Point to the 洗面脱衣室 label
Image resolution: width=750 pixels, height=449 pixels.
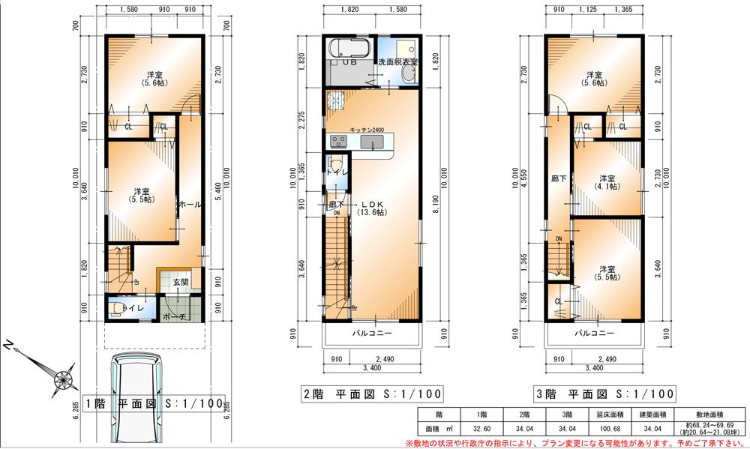coord(398,61)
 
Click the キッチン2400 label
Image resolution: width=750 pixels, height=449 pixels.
coord(367,130)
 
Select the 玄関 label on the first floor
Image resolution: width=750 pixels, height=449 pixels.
coord(181,283)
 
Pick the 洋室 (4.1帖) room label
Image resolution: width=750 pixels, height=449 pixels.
coord(607,182)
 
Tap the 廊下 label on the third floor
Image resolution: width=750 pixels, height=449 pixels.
coord(558,179)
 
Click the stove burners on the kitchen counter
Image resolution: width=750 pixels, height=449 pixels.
coord(336,140)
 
